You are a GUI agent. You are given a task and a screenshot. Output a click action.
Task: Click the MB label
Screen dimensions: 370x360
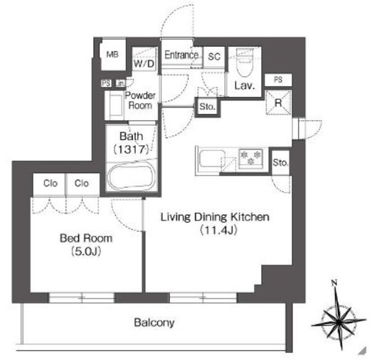[x=112, y=55]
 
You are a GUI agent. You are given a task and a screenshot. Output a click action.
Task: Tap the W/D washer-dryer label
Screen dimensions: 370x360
[x=144, y=64]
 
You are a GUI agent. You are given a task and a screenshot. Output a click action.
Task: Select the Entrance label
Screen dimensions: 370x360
[x=181, y=55]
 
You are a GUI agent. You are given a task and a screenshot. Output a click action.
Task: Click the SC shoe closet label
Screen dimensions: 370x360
[x=214, y=57]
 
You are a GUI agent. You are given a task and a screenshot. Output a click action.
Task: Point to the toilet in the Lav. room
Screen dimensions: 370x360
[x=245, y=62]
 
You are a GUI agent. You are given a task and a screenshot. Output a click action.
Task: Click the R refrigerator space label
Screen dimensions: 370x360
[x=278, y=103]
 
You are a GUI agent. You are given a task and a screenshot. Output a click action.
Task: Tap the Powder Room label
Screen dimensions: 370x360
[x=140, y=100]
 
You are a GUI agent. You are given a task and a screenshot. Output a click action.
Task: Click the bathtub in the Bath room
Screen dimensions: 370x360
[x=131, y=176]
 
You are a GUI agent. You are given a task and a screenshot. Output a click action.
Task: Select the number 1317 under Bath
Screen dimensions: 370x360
[x=132, y=149]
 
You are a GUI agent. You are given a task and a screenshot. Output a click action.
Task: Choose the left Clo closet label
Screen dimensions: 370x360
[x=51, y=184]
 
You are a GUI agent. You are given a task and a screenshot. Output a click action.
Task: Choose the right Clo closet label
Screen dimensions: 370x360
[x=82, y=184]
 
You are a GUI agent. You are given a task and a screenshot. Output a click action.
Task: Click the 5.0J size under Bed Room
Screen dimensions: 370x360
[x=86, y=252]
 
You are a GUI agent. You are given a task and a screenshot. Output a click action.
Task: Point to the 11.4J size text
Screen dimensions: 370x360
[x=218, y=231]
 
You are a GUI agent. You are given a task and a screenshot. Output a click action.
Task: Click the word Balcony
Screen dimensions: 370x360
[x=154, y=323]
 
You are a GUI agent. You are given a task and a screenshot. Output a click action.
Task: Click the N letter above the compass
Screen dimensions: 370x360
[x=334, y=282]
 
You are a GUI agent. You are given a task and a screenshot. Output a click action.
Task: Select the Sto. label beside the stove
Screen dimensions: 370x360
[x=280, y=163]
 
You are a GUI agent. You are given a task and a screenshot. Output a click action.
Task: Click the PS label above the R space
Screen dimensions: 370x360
[x=278, y=80]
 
